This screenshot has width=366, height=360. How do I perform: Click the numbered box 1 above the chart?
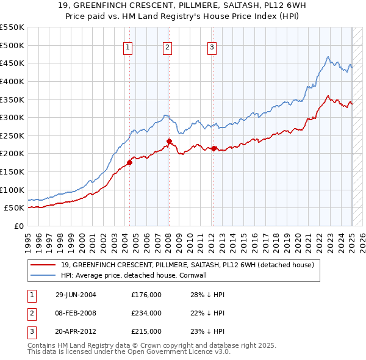[128, 49]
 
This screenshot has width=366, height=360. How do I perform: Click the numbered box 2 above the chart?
[167, 49]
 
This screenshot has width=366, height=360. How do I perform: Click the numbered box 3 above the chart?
[212, 49]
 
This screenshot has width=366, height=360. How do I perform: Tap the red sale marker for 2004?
[129, 162]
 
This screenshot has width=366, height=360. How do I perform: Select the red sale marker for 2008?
[169, 142]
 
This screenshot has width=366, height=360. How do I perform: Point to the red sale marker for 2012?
[214, 148]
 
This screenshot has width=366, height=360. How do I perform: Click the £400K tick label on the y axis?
[12, 81]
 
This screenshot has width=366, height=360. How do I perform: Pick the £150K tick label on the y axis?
[12, 171]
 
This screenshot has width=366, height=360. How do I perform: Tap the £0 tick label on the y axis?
[18, 226]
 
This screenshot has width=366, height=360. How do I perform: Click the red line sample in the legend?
[43, 265]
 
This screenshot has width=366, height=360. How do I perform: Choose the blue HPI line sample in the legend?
[43, 275]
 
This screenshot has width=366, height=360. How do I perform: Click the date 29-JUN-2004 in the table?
[76, 295]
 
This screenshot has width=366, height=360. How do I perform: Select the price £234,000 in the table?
[146, 313]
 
